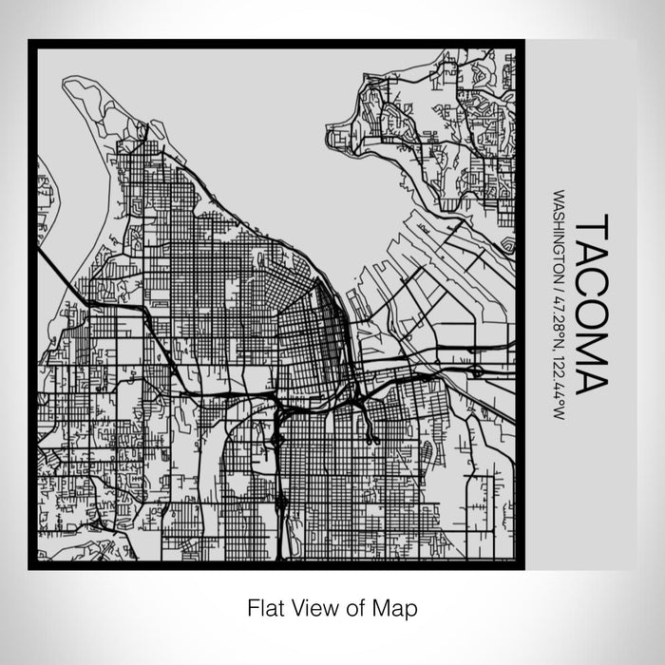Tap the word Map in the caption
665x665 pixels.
[394, 606]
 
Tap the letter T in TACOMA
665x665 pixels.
[590, 224]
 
